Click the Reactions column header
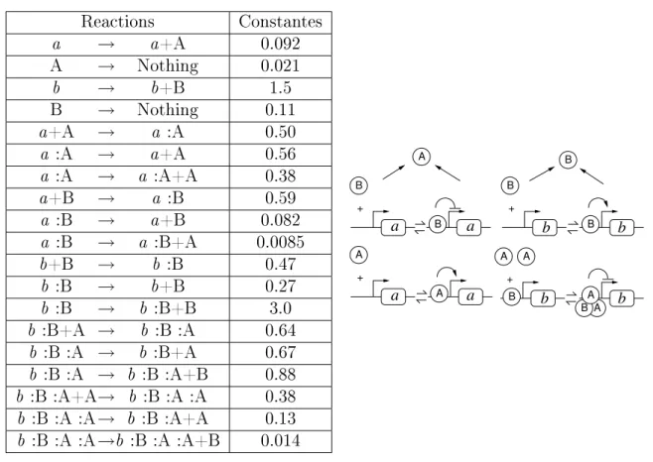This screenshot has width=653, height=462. [x=117, y=22]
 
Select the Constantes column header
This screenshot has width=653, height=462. [x=280, y=22]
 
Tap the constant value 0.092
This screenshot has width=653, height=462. [x=280, y=44]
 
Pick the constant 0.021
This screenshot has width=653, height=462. [x=280, y=65]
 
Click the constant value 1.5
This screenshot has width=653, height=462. [x=280, y=88]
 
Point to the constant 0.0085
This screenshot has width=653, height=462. [x=280, y=242]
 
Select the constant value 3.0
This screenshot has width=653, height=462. [x=280, y=308]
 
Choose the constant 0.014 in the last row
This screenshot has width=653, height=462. [x=280, y=441]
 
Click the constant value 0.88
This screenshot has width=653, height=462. [x=280, y=375]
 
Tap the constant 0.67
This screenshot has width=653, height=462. [x=280, y=353]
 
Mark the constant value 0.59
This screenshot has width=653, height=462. [x=280, y=198]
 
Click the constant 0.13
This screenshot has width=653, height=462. [x=280, y=418]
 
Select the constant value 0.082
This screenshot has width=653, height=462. [x=280, y=220]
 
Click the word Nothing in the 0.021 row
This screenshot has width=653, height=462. [x=168, y=66]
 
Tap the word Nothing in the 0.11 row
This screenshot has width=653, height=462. [x=168, y=110]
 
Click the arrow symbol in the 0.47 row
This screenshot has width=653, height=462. [x=106, y=265]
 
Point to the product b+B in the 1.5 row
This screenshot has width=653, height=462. [x=168, y=88]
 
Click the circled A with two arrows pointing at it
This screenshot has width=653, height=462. [x=422, y=157]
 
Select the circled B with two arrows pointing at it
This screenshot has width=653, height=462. [x=568, y=160]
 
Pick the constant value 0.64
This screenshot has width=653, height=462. [x=280, y=330]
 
